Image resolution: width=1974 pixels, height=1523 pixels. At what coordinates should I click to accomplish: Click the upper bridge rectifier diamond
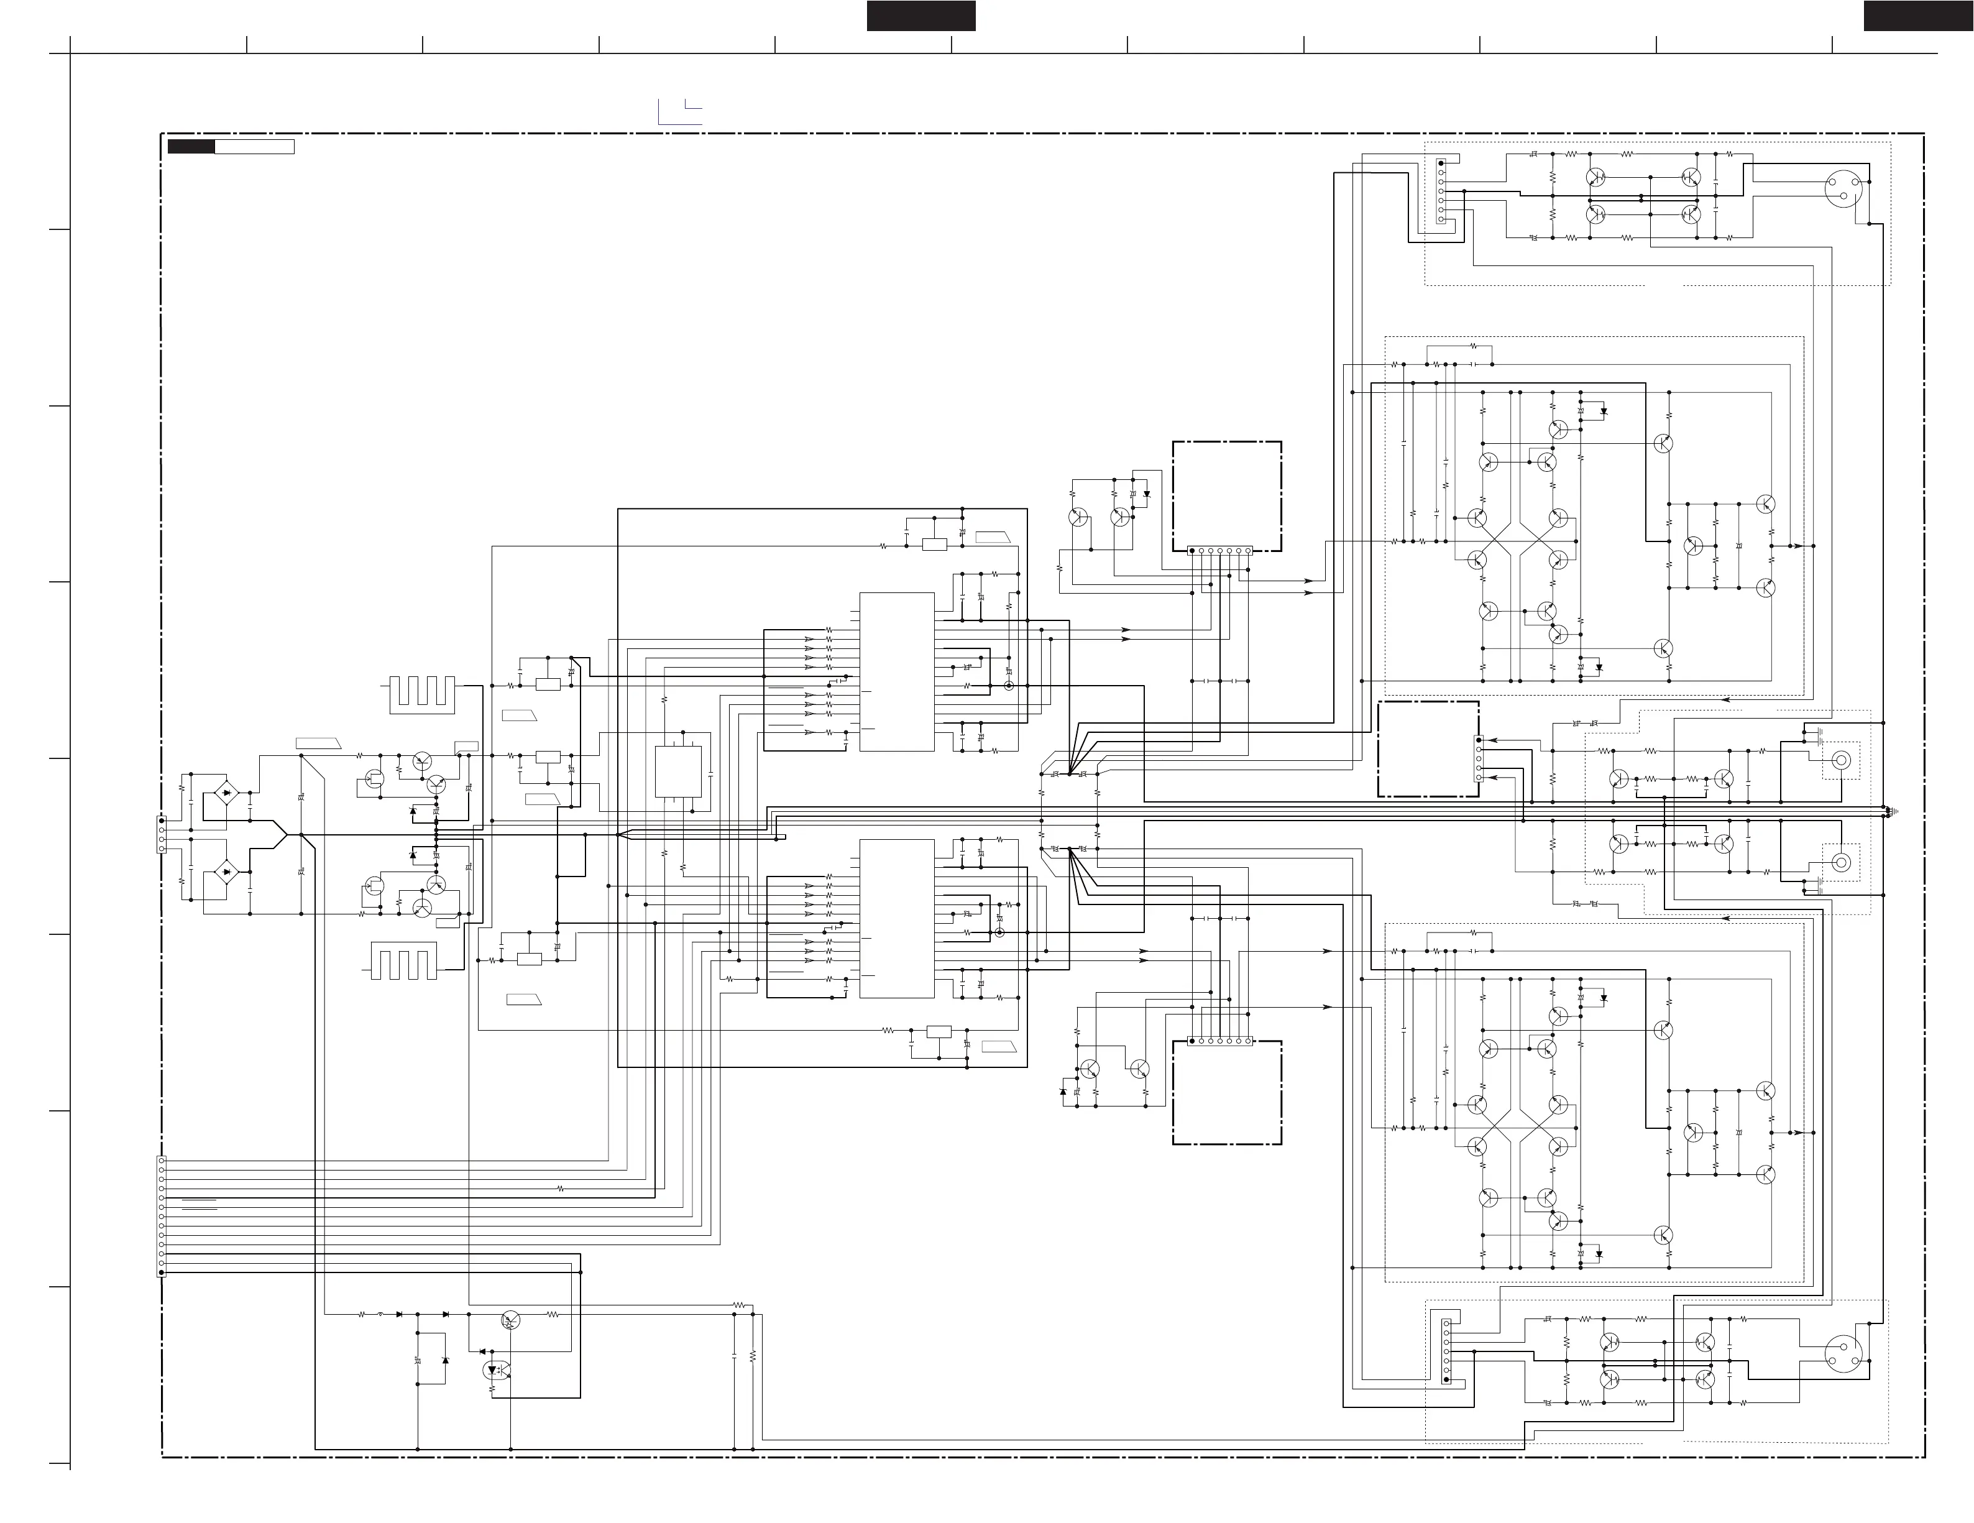(226, 794)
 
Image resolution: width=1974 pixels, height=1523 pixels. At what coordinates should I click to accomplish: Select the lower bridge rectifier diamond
(226, 872)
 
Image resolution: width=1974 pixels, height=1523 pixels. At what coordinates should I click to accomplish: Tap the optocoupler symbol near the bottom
(496, 1370)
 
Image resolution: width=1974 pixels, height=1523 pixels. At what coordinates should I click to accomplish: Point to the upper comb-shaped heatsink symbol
(422, 694)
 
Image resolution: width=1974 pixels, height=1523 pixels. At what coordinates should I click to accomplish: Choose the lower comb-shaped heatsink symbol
(404, 961)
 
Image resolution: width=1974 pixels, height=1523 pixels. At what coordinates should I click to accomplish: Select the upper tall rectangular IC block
(897, 671)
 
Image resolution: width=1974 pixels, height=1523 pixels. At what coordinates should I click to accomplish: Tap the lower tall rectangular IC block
(897, 918)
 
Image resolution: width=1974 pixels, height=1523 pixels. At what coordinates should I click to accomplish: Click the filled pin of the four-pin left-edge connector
(162, 820)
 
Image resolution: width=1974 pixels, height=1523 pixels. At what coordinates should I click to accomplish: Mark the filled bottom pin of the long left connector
(162, 1272)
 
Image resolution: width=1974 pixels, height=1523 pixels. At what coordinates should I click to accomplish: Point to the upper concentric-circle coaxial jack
(1840, 760)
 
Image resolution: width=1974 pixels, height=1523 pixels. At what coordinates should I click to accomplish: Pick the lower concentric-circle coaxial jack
(1840, 862)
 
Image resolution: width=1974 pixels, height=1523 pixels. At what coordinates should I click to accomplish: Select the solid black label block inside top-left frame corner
(191, 147)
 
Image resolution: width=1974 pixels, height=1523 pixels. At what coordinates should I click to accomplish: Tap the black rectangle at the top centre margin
(921, 16)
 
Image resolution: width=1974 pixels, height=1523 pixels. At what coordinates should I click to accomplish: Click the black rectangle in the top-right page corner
(1918, 16)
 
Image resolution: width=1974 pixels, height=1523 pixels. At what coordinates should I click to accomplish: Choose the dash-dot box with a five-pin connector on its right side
(1428, 748)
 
